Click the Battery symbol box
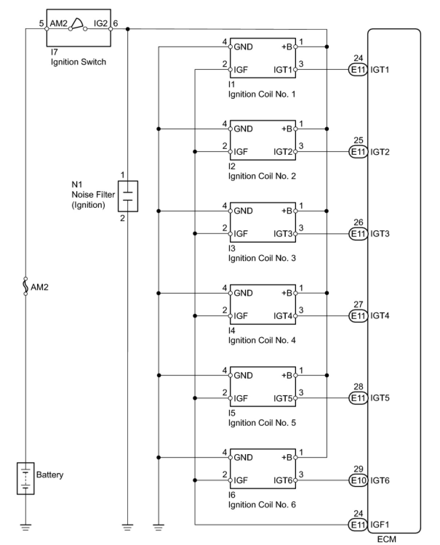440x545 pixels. pos(25,479)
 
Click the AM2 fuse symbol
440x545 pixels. pos(25,286)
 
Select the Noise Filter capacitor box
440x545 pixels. pos(128,196)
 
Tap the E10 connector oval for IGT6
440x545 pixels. pos(358,480)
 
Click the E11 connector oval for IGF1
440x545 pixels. pos(358,525)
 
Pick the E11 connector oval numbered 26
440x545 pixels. pos(358,234)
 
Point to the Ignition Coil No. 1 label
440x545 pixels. pos(262,94)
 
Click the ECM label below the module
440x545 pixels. pos(386,539)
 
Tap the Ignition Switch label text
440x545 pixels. pos(78,62)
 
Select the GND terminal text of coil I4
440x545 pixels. pos(243,293)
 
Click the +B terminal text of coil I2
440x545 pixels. pos(287,129)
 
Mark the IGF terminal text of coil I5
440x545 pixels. pos(240,398)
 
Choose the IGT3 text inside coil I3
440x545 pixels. pos(283,234)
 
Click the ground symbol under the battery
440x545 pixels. pos(25,527)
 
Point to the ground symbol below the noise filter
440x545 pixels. pos(128,527)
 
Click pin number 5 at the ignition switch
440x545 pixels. pos(41,23)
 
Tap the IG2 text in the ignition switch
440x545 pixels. pos(101,23)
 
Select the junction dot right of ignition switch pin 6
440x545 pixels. pos(128,29)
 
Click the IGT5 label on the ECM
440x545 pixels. pos(380,398)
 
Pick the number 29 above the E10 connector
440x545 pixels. pos(358,469)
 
